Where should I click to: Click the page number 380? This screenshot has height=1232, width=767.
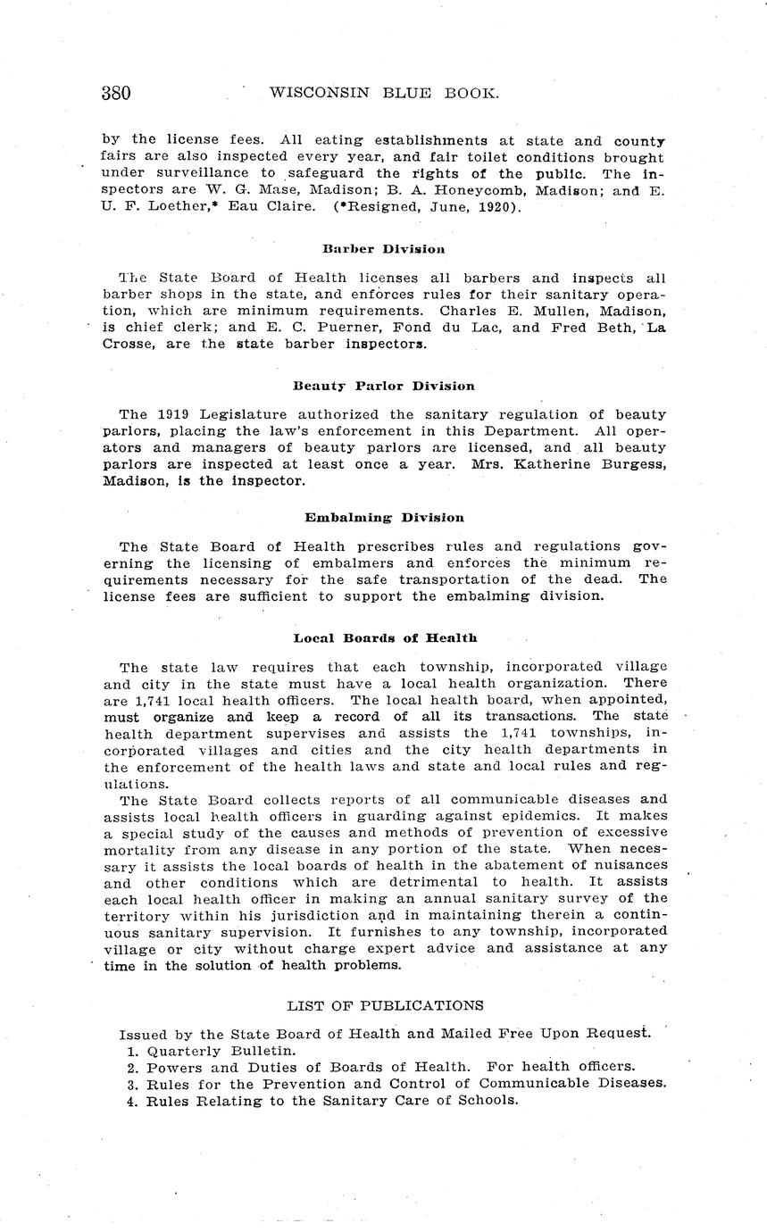coord(117,93)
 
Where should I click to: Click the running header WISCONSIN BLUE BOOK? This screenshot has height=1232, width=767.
coord(383,93)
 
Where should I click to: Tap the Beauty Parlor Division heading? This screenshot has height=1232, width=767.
coord(384,386)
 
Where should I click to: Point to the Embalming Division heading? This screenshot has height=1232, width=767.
coord(384,517)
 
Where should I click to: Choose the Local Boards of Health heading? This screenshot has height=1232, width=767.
coord(385,637)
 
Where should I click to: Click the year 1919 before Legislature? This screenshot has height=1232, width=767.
coord(174,414)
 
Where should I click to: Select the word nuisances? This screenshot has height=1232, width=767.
coord(630,864)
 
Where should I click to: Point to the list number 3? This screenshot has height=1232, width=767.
coord(131,1083)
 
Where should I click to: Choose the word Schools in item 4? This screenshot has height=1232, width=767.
coord(486,1100)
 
